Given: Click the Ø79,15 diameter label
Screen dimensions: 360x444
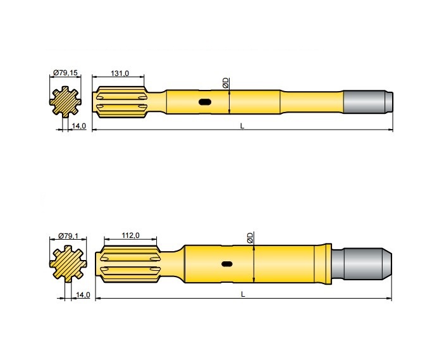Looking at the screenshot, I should click(x=66, y=74).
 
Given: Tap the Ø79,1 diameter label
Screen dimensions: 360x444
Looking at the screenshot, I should click(x=67, y=236).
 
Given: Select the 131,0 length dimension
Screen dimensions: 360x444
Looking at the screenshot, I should click(x=120, y=74).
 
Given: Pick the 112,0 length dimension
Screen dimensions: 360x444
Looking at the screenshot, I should click(x=130, y=236).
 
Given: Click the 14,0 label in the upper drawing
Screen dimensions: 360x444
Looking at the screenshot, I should click(x=79, y=127).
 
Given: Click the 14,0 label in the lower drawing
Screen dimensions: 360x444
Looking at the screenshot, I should click(x=83, y=295).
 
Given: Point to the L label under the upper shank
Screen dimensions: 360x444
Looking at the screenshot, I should click(x=242, y=126).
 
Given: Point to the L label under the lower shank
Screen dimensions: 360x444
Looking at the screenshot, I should click(x=242, y=294).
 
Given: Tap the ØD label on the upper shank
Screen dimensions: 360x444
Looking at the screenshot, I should click(x=225, y=83).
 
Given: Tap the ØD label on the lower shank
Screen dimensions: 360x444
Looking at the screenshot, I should click(x=250, y=238).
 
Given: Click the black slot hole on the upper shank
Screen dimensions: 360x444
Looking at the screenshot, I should click(x=205, y=102).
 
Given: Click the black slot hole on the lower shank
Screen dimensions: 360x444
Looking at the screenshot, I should click(x=226, y=264).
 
